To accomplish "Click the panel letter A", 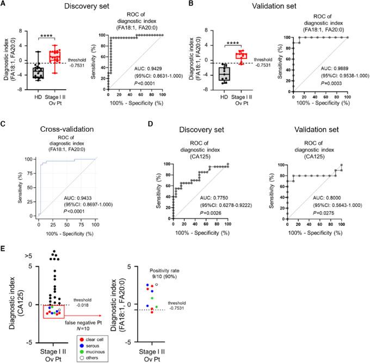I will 4,4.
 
